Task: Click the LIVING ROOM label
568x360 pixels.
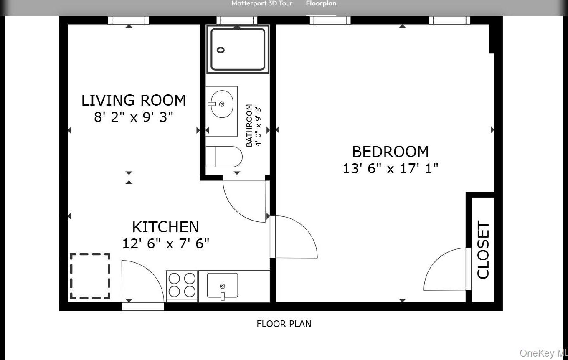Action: (x=133, y=100)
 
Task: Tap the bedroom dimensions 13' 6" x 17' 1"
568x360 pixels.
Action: (x=390, y=168)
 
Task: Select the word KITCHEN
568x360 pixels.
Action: (x=165, y=227)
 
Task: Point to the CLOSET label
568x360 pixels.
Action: (x=483, y=250)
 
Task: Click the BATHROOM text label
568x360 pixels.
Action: (x=249, y=125)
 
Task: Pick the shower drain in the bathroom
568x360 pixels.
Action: (x=221, y=50)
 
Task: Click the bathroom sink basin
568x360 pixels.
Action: (x=221, y=104)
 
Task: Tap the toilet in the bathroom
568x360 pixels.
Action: (x=224, y=157)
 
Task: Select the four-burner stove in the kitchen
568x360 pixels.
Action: (x=182, y=285)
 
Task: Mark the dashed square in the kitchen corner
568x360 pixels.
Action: (x=90, y=276)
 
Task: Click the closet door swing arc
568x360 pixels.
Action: (x=444, y=269)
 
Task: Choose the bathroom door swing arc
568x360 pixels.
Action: (x=244, y=200)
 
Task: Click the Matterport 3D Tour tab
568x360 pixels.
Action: (x=262, y=4)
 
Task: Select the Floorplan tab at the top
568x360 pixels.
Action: (x=321, y=4)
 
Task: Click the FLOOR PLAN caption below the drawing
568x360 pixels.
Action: (x=284, y=324)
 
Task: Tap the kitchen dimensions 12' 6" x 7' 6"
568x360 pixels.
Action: (x=165, y=243)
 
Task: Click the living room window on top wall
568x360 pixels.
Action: (x=128, y=20)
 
